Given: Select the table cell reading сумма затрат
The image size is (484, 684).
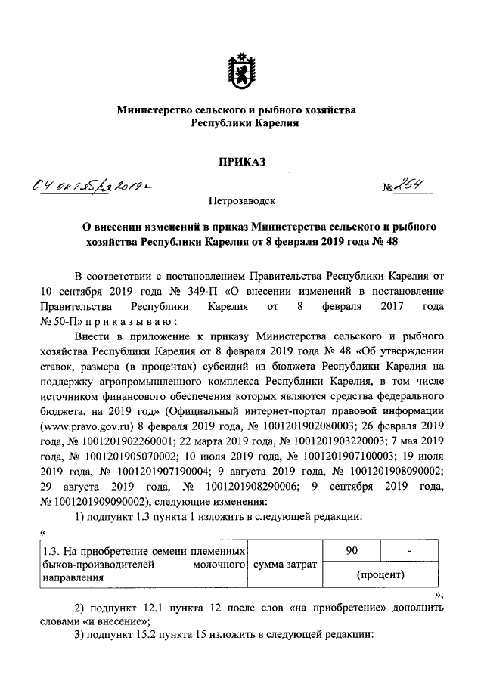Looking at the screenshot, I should click(286, 564).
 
